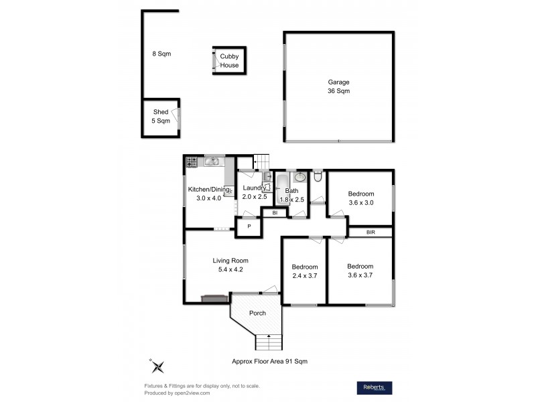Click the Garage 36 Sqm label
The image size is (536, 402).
coord(338,86)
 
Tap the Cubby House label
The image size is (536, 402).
coord(229,61)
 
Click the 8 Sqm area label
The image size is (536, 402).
coord(157,54)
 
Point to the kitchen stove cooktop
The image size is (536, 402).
coord(192,161)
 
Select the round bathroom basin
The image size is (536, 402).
coord(300,178)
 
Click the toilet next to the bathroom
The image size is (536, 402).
coord(318,178)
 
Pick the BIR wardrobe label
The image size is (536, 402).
coord(371,232)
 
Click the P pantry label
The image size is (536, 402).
coord(249,227)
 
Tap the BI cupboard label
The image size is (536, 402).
coord(274,213)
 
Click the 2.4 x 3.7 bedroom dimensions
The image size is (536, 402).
coord(304,275)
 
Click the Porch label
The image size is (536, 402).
coord(257,313)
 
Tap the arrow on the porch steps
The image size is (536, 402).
coord(269,336)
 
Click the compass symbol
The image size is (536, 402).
coord(157,366)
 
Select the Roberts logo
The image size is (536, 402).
coord(373,387)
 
